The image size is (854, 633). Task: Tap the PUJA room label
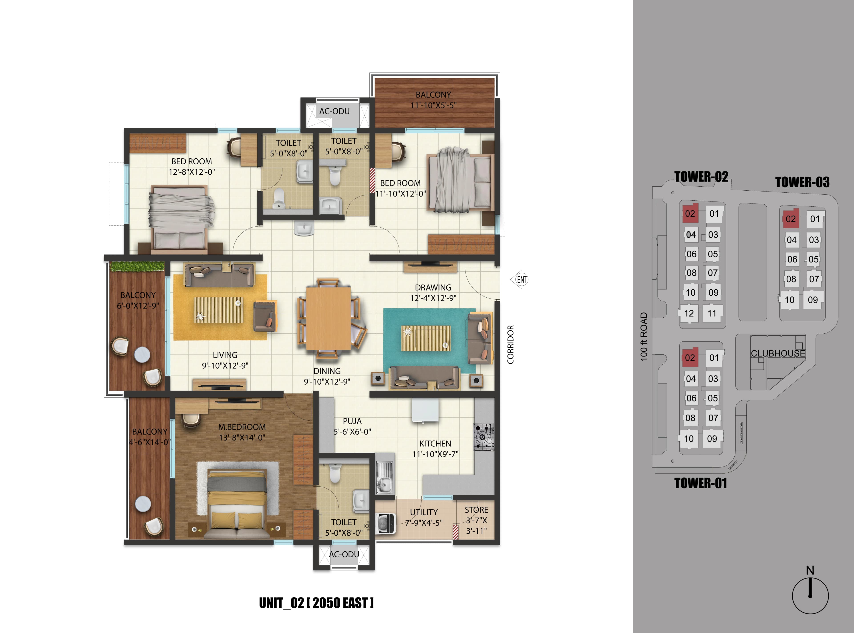coord(352,421)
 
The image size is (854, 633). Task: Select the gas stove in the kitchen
coord(483,437)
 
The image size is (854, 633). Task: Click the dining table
coord(328,318)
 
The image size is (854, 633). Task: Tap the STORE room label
coord(476,510)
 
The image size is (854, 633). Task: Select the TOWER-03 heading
coord(802,182)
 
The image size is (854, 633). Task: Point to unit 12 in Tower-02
coord(689,313)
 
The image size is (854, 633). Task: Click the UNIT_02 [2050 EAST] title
coord(316,603)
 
